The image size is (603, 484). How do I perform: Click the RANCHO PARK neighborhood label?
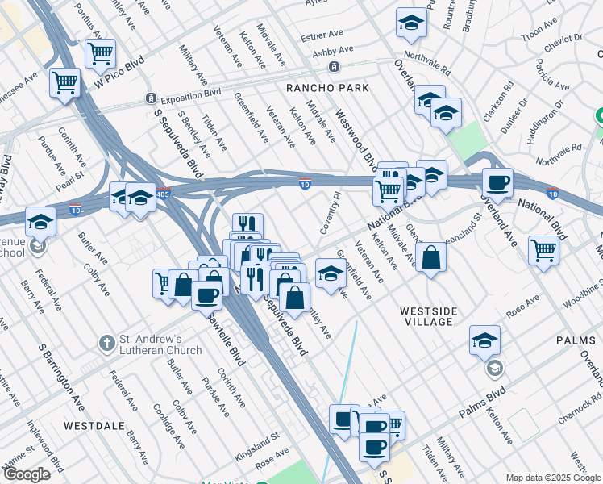(x=327, y=88)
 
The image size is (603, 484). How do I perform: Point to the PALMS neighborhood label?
(x=575, y=341)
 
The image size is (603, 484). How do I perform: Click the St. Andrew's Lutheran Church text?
(x=161, y=344)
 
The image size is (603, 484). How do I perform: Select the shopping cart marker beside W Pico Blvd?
(x=100, y=54)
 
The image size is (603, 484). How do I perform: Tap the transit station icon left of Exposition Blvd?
(x=150, y=98)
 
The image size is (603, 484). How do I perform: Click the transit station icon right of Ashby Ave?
(x=344, y=65)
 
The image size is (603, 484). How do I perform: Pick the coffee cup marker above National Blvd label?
(x=497, y=182)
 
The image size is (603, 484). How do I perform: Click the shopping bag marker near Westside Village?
(x=431, y=258)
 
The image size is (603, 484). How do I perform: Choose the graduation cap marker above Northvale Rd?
(x=411, y=23)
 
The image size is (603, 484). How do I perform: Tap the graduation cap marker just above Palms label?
(x=484, y=340)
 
